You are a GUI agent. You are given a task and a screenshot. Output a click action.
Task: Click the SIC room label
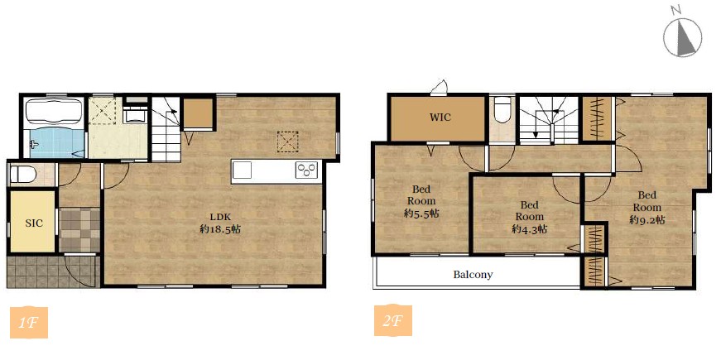pyautogui.click(x=34, y=223)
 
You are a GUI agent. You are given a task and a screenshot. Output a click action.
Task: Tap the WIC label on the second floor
pyautogui.click(x=440, y=117)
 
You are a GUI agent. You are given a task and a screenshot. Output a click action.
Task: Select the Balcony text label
pyautogui.click(x=473, y=275)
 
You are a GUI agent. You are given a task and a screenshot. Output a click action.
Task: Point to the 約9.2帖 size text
pyautogui.click(x=647, y=220)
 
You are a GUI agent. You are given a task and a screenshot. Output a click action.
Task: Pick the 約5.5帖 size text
pyautogui.click(x=421, y=214)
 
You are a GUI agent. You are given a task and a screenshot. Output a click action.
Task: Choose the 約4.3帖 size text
pyautogui.click(x=529, y=228)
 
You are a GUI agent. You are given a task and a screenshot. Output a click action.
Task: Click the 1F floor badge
pyautogui.click(x=28, y=322)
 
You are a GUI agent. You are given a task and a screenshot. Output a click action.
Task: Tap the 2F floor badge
pyautogui.click(x=392, y=320)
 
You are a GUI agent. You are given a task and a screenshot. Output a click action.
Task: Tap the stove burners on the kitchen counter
pyautogui.click(x=306, y=170)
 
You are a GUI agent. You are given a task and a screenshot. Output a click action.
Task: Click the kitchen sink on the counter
pyautogui.click(x=242, y=170)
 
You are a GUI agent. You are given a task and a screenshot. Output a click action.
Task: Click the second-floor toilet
pyautogui.click(x=502, y=109)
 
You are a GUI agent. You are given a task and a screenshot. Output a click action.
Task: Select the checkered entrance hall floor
pyautogui.click(x=79, y=230)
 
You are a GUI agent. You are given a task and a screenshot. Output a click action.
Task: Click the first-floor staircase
pyautogui.click(x=166, y=129)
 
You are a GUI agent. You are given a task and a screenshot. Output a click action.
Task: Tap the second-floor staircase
pyautogui.click(x=549, y=120)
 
